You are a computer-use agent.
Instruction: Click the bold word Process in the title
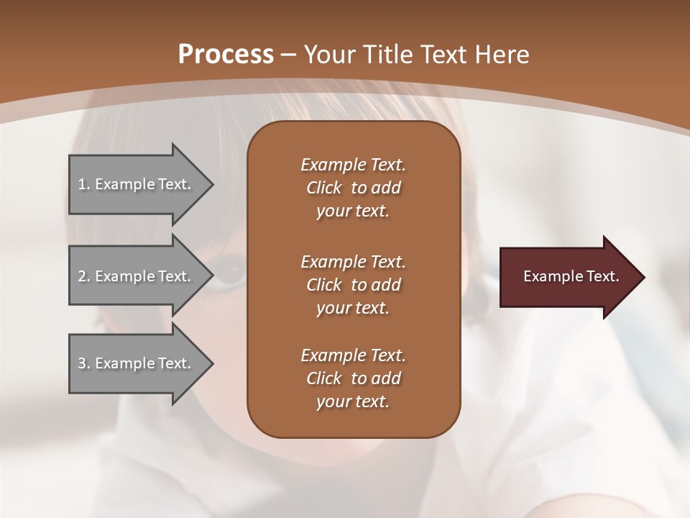(x=226, y=55)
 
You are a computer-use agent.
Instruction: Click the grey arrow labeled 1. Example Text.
(x=137, y=184)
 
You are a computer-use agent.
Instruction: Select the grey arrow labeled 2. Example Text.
(x=137, y=276)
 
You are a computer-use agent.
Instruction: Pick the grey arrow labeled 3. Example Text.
(x=137, y=363)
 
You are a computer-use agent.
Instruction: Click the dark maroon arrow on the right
(x=568, y=277)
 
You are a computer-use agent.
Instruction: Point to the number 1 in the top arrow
(x=82, y=184)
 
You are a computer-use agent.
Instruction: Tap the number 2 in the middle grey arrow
(x=82, y=276)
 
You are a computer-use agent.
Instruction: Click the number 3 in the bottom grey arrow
(x=82, y=363)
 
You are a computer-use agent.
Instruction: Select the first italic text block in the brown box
(x=353, y=188)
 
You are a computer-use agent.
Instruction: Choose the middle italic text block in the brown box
(x=353, y=285)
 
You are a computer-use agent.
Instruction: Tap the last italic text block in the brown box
(x=353, y=378)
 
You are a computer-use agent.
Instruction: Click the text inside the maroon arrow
(x=571, y=276)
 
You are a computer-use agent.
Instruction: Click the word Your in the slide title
(x=329, y=55)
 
